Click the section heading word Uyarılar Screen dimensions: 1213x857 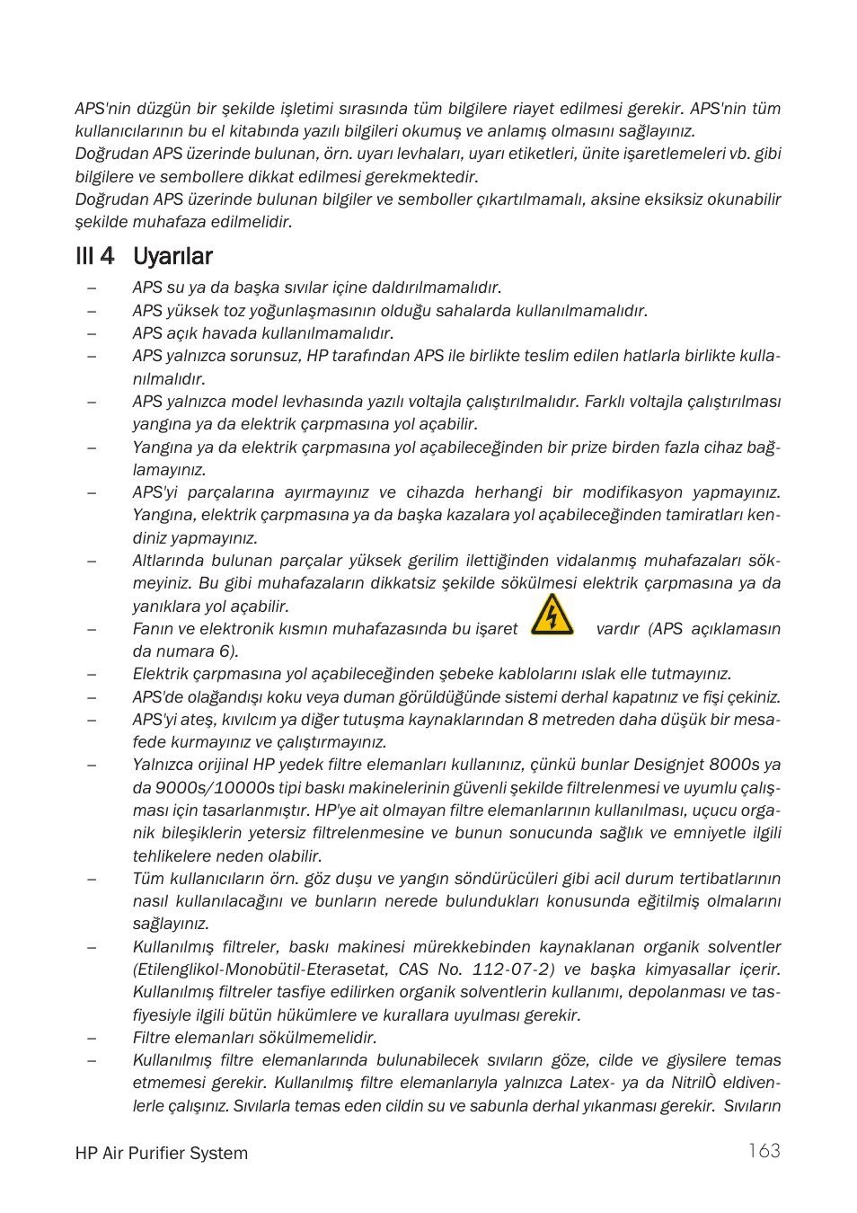[172, 257]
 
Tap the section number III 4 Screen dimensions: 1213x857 [95, 257]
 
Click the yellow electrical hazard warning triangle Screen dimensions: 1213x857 [552, 615]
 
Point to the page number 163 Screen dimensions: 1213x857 [764, 1151]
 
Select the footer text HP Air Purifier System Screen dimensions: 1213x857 [162, 1153]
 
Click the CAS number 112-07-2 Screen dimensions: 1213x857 [513, 970]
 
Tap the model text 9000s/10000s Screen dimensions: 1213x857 [215, 788]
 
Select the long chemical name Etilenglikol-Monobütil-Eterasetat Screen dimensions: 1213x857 [261, 970]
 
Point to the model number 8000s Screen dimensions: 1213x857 [734, 765]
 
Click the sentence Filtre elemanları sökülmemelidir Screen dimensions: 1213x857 [254, 1038]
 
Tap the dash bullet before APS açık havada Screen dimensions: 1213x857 [92, 333]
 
